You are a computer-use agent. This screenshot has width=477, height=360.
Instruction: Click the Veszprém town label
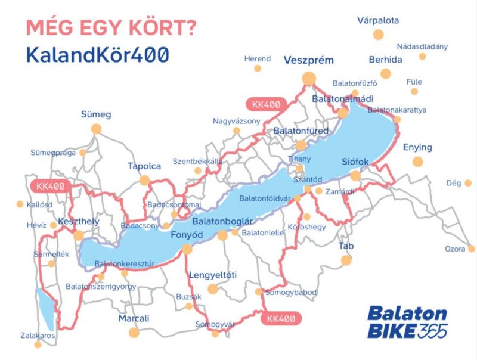click(x=308, y=60)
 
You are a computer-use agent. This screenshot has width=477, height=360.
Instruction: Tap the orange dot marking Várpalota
click(x=378, y=34)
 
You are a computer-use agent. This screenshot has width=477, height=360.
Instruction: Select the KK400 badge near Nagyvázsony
click(x=266, y=104)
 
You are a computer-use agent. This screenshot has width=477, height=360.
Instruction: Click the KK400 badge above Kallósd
click(x=50, y=186)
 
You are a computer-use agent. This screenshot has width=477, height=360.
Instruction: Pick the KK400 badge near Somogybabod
click(x=281, y=319)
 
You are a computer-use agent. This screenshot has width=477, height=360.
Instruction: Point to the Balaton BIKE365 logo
click(x=407, y=322)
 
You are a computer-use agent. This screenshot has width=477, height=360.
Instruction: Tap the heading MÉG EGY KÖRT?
click(x=111, y=27)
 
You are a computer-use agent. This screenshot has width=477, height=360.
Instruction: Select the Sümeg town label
click(x=96, y=114)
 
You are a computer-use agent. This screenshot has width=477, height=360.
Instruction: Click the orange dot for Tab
click(x=346, y=260)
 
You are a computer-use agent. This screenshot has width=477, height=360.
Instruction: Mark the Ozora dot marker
click(x=471, y=249)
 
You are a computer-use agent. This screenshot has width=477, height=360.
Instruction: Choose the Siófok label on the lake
click(x=356, y=162)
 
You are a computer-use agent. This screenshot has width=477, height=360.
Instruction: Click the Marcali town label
click(x=134, y=318)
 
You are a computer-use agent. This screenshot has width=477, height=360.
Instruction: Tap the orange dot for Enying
click(x=417, y=162)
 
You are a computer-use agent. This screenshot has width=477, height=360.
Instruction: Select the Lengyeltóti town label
click(x=212, y=275)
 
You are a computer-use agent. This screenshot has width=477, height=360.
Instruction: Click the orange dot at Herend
click(x=258, y=69)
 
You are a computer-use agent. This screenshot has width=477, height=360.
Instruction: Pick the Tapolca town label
click(x=144, y=166)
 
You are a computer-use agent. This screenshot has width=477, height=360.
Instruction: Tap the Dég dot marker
click(x=468, y=183)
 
